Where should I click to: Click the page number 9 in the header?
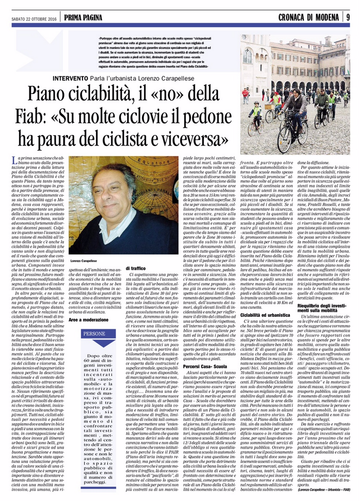348,18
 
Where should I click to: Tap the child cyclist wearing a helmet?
257,114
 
